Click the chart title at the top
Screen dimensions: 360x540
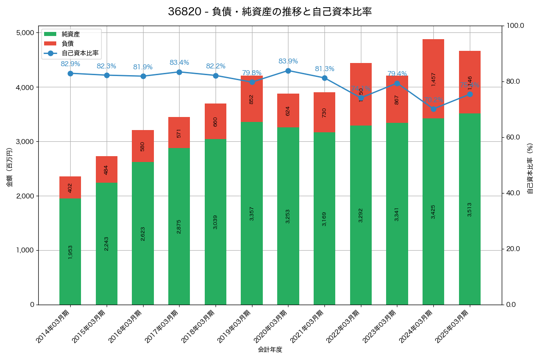[x=270, y=12]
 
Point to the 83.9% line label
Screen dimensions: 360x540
[x=288, y=61]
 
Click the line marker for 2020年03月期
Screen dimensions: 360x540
[x=288, y=71]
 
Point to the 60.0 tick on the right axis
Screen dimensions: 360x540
[x=513, y=137]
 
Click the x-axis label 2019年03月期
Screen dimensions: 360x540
[x=234, y=327]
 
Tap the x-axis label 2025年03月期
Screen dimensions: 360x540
[x=452, y=327]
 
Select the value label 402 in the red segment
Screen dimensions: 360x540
[x=70, y=188]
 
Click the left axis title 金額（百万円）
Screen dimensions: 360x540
[x=9, y=167]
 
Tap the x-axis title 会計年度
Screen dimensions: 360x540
[x=270, y=350]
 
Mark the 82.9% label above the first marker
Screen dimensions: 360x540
[x=70, y=64]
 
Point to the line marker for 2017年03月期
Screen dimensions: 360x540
[x=179, y=72]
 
